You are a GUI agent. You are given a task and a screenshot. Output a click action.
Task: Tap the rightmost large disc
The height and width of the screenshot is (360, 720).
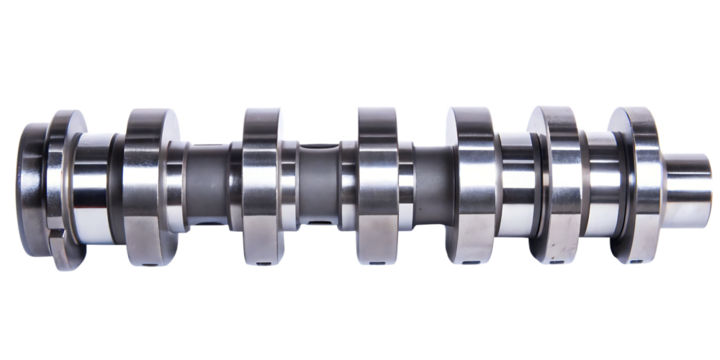[x=635, y=185]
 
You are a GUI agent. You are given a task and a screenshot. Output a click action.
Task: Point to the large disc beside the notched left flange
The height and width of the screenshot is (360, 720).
[x=150, y=185]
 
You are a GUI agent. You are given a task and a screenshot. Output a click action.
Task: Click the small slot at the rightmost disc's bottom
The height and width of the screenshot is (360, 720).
[x=632, y=263]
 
